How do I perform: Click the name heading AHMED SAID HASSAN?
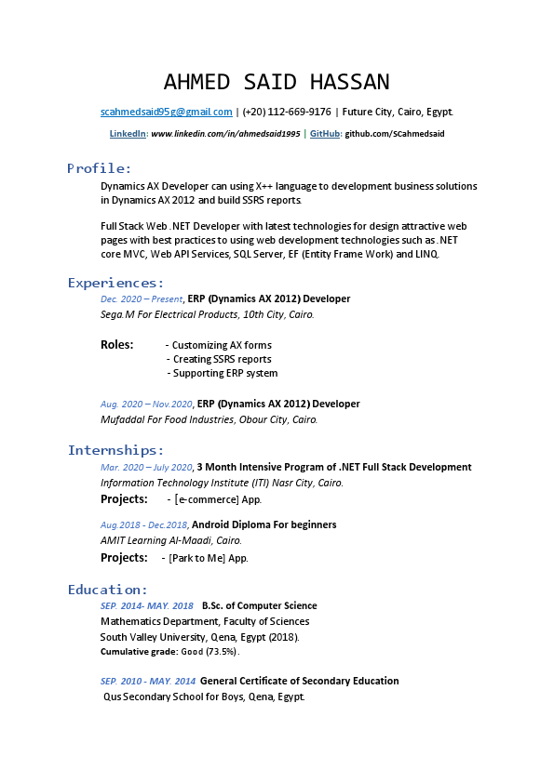click(x=277, y=82)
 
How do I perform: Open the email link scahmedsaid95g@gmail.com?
click(x=166, y=112)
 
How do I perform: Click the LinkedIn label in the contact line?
click(x=128, y=134)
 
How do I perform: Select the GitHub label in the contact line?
click(x=325, y=134)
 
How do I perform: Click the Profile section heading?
click(x=100, y=168)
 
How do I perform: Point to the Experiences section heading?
click(x=115, y=283)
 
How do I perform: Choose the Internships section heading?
click(x=115, y=451)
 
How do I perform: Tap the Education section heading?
click(x=107, y=590)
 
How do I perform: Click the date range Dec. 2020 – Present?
click(x=142, y=299)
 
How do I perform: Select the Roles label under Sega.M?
click(x=117, y=345)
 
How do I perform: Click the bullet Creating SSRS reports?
click(x=222, y=359)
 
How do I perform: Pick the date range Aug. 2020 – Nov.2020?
click(x=146, y=405)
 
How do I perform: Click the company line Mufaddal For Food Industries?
click(x=209, y=419)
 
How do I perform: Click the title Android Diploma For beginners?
click(x=263, y=524)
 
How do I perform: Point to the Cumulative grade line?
click(x=169, y=652)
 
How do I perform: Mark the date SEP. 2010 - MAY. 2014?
click(x=147, y=682)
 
